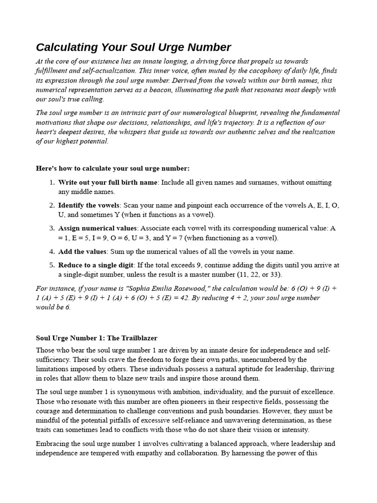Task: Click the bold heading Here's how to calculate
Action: (x=112, y=168)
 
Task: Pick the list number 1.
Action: (x=52, y=182)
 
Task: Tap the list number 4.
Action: (x=52, y=251)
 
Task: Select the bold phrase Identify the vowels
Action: (x=89, y=205)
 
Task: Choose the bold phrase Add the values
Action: (x=82, y=251)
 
